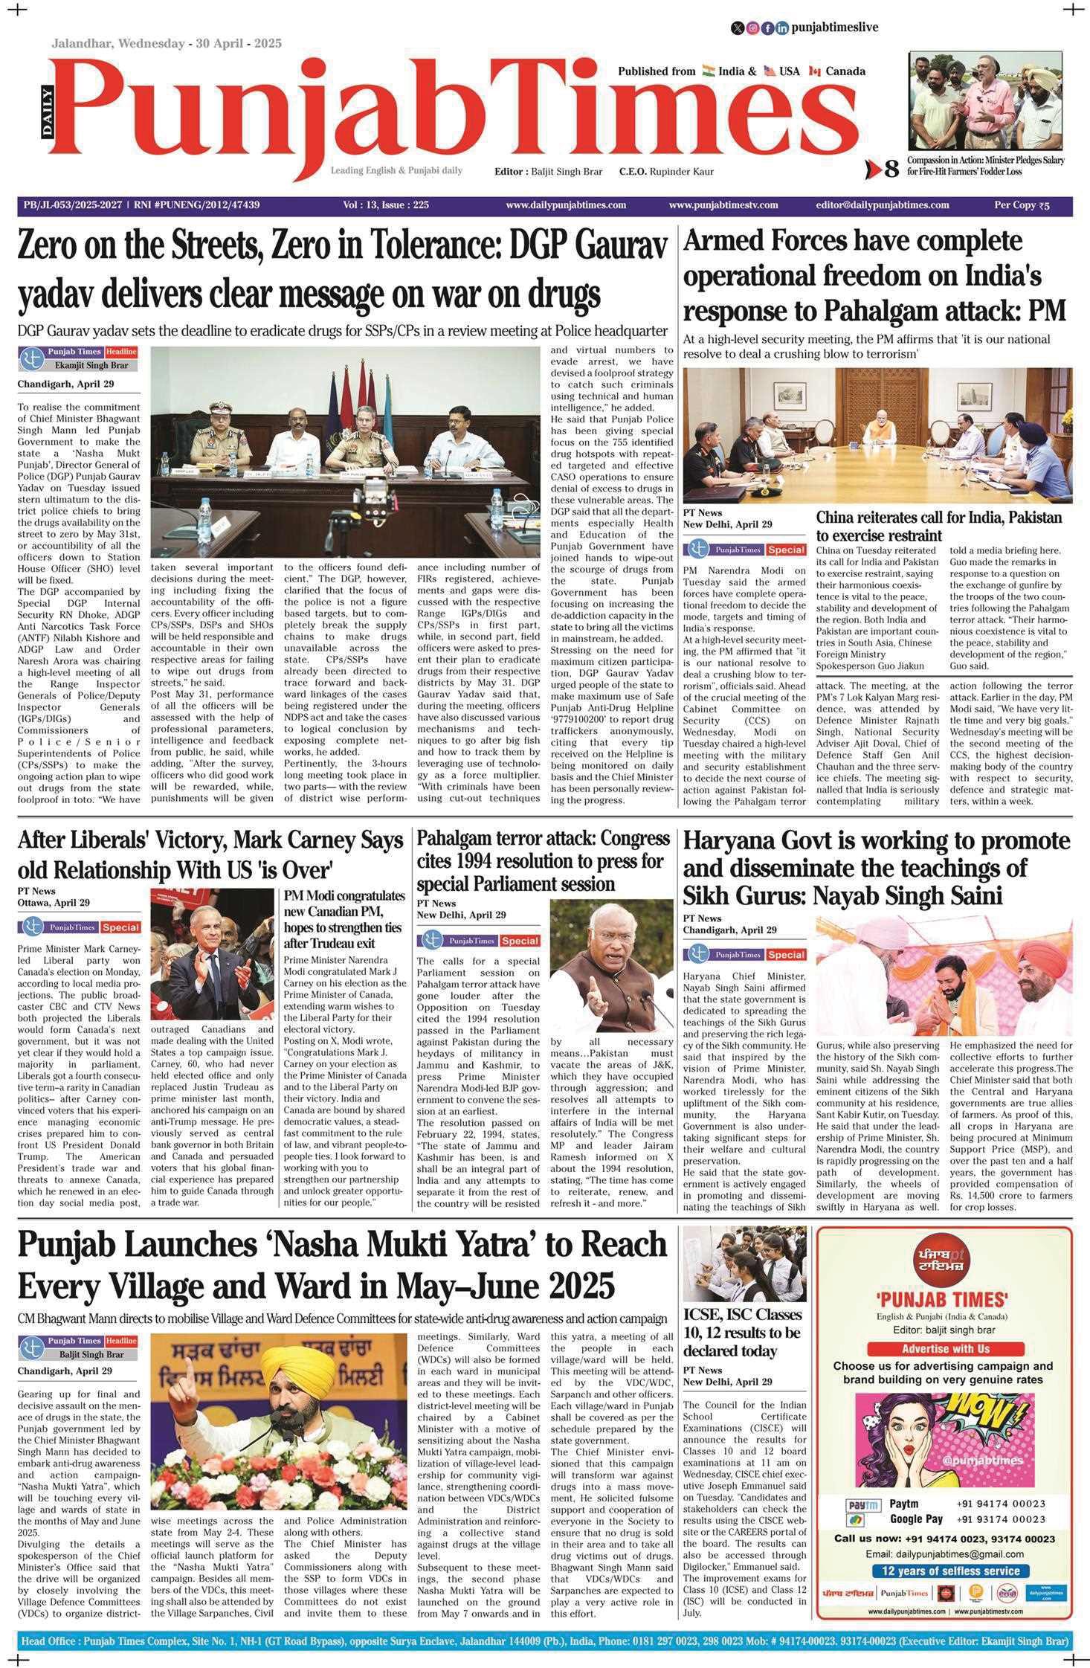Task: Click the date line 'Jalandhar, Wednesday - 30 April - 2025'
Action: click(x=166, y=43)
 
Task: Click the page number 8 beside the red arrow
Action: click(x=891, y=170)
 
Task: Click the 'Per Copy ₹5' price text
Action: click(x=1022, y=205)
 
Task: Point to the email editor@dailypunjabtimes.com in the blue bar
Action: click(x=882, y=205)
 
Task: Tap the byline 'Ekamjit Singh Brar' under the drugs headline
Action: click(x=91, y=365)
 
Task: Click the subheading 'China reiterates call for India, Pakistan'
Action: click(x=938, y=518)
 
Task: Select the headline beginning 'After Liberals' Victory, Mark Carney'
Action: click(x=210, y=841)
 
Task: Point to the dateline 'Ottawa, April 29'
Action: click(x=54, y=903)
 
